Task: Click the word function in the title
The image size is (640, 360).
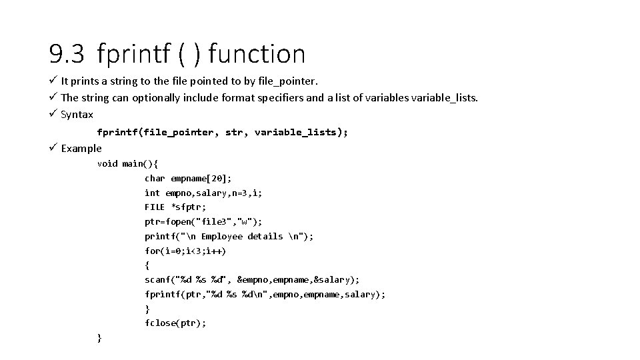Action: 257,54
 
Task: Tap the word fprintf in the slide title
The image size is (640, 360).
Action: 133,54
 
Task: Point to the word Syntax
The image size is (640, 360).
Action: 77,115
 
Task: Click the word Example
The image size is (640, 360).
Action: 81,148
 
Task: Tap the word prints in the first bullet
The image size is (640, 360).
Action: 83,81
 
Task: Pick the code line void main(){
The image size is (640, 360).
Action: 127,163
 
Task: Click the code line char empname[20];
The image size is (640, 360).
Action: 188,178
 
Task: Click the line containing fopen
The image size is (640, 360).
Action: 203,221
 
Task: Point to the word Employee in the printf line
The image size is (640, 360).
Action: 222,236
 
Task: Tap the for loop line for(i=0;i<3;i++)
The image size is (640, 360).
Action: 185,251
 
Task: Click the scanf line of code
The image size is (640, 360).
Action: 251,280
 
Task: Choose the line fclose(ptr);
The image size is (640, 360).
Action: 175,323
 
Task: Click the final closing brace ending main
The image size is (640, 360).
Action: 99,338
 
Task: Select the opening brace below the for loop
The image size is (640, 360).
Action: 147,265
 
